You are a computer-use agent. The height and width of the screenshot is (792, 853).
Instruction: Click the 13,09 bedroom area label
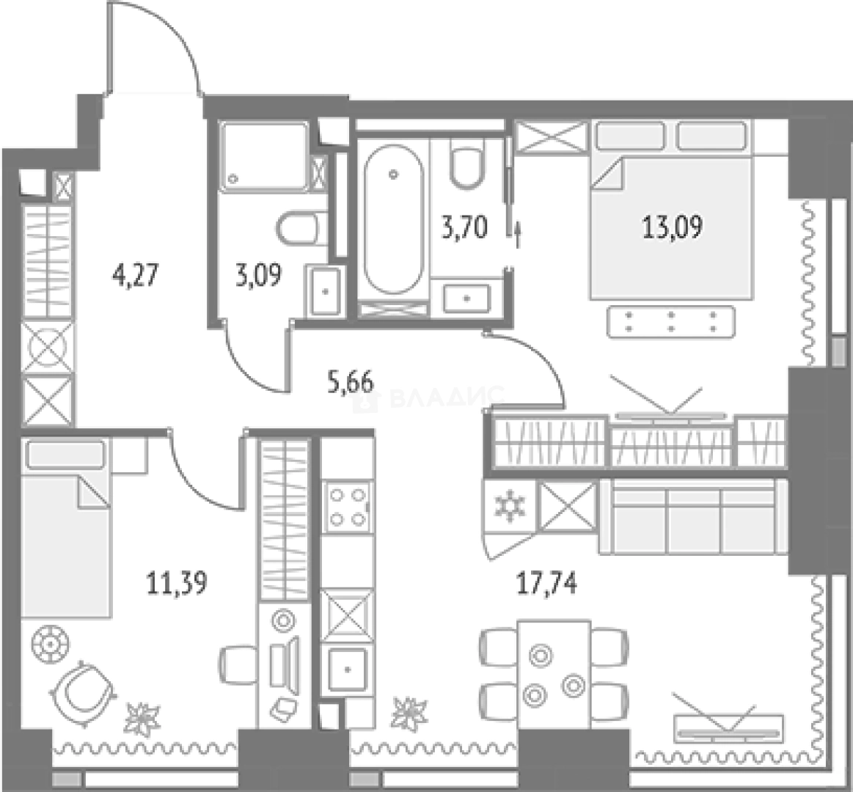pos(673,227)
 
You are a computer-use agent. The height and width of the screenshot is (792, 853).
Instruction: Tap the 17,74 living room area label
pos(546,584)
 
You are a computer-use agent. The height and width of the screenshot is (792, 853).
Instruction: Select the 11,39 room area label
pos(177,584)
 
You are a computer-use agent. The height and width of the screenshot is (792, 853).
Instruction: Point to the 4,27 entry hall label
pos(135,275)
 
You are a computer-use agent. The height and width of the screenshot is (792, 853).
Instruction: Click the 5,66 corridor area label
pos(351,382)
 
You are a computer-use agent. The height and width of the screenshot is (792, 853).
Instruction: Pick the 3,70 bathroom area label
pos(464,227)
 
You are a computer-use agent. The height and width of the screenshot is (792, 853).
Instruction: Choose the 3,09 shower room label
pos(259,275)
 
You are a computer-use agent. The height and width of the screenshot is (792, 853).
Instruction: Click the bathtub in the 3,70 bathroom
pos(393,219)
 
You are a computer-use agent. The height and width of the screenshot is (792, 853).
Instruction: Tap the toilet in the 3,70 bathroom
pos(466,163)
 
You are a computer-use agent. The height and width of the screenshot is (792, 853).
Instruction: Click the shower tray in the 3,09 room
pos(264,157)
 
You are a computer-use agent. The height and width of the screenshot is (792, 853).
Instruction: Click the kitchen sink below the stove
pos(347,669)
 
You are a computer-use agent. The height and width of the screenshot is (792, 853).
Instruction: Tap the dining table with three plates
pos(554,674)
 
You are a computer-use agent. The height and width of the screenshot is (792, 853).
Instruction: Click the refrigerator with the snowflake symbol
pos(510,507)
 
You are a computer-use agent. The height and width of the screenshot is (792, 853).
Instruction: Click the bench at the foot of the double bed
pos(671,321)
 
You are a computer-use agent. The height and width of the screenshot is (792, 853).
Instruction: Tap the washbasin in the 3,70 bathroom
pos(466,298)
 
